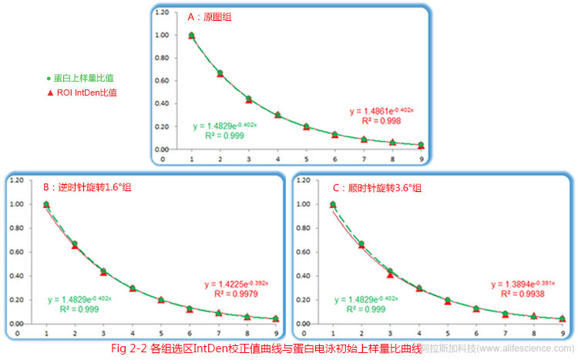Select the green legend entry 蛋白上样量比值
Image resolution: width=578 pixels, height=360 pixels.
coord(85,79)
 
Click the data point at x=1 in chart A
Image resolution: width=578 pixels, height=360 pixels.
coord(191,35)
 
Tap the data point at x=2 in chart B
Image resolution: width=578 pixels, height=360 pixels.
coord(75,244)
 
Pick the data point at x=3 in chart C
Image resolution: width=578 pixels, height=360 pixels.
coord(390,272)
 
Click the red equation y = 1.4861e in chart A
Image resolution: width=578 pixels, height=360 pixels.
coord(381,110)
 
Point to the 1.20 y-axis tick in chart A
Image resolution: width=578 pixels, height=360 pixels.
coord(160,13)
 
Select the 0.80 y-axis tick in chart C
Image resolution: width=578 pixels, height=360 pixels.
coord(303,228)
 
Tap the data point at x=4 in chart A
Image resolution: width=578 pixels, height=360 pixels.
coord(277,115)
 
